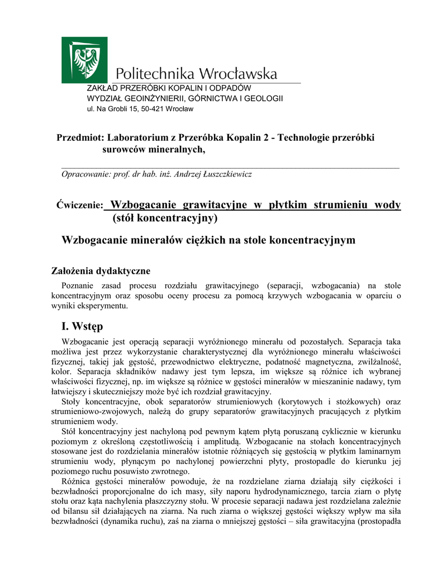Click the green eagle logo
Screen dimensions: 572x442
click(x=84, y=60)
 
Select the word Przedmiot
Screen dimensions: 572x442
click(x=80, y=138)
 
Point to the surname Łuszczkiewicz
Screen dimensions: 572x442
click(x=221, y=174)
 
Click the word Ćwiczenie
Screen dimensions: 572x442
click(x=80, y=206)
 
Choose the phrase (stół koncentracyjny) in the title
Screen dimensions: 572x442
click(x=164, y=217)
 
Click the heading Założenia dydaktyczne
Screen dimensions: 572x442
click(x=101, y=271)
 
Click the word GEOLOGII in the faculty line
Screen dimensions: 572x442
click(x=262, y=98)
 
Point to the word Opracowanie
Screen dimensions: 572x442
click(x=86, y=174)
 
